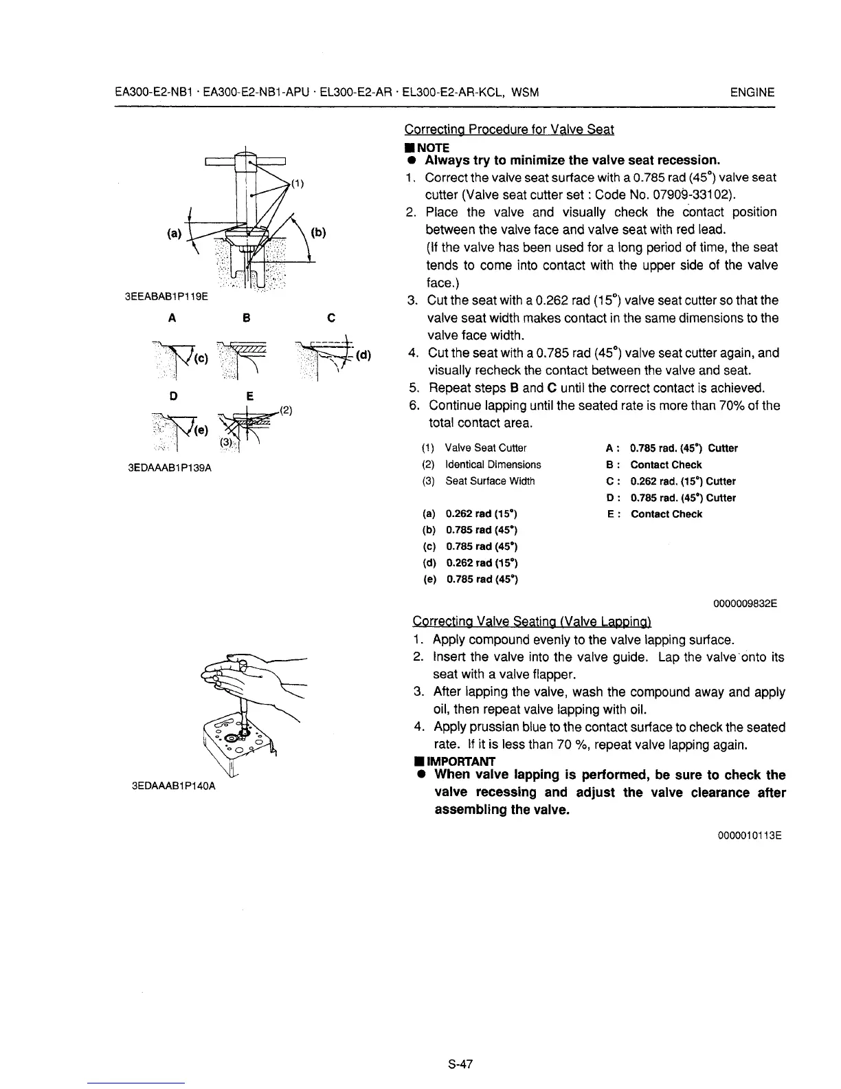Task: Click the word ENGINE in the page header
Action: [752, 93]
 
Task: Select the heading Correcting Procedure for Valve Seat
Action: [509, 129]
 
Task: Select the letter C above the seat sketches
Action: [331, 318]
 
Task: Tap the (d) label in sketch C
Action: [363, 355]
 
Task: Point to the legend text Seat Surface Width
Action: [489, 481]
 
